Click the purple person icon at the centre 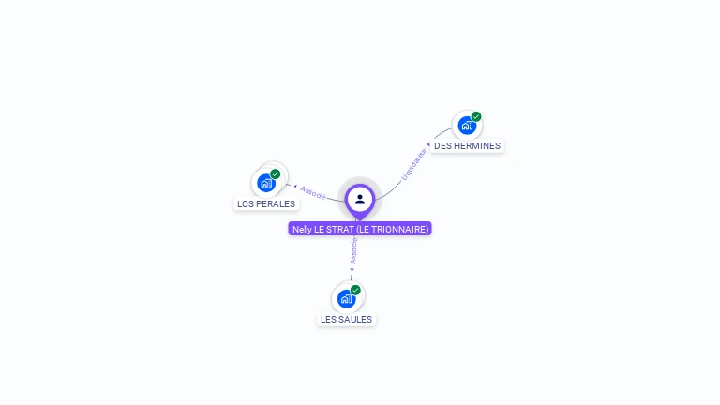pyautogui.click(x=360, y=199)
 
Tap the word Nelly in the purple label pyautogui.click(x=302, y=229)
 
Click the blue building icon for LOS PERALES pyautogui.click(x=265, y=183)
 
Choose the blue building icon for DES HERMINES pyautogui.click(x=466, y=126)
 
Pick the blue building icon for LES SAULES pyautogui.click(x=346, y=299)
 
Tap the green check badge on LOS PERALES pyautogui.click(x=276, y=174)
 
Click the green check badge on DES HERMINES pyautogui.click(x=476, y=117)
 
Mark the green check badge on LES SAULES pyautogui.click(x=356, y=290)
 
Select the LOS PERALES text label pyautogui.click(x=266, y=204)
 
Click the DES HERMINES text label pyautogui.click(x=467, y=146)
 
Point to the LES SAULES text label pyautogui.click(x=346, y=320)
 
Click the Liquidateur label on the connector pyautogui.click(x=413, y=163)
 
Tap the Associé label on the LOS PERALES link pyautogui.click(x=313, y=191)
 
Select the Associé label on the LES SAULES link pyautogui.click(x=353, y=250)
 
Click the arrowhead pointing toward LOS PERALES pyautogui.click(x=294, y=186)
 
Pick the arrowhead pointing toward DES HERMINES pyautogui.click(x=429, y=145)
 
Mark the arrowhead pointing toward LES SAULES pyautogui.click(x=352, y=270)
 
